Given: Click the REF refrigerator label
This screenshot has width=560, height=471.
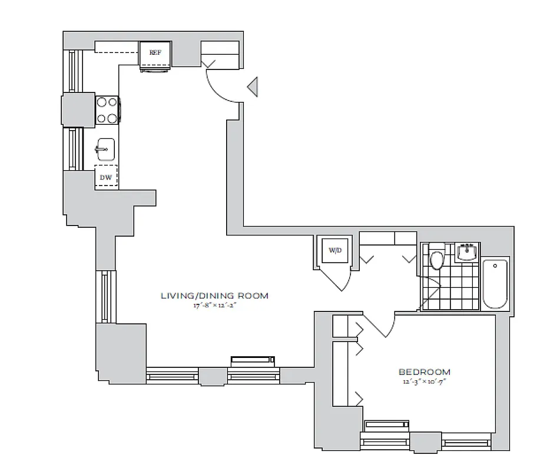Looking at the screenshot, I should pos(155,52).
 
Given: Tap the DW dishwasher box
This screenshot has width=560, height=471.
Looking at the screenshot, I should pos(107,177).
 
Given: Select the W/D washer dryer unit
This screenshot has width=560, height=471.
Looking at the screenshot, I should pos(334,250).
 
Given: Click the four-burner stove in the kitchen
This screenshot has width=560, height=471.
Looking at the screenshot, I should pos(107,110).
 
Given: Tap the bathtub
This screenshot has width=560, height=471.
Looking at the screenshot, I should pos(495,283).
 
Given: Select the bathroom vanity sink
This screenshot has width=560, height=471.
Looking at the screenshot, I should pos(468,252).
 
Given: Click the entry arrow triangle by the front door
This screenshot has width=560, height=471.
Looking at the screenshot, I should pos(253,87).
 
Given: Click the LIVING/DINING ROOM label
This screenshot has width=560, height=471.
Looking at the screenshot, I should pos(214,296).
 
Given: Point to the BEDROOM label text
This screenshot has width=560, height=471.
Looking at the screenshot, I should pos(425,372).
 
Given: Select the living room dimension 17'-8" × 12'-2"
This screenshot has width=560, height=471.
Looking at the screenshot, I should pos(214,306).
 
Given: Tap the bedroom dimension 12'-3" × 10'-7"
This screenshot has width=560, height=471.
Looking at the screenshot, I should pos(425,382).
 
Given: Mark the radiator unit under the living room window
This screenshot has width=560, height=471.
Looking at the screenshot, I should pos(252,360).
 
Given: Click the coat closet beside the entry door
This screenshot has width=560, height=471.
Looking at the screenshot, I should pos(220,53).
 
